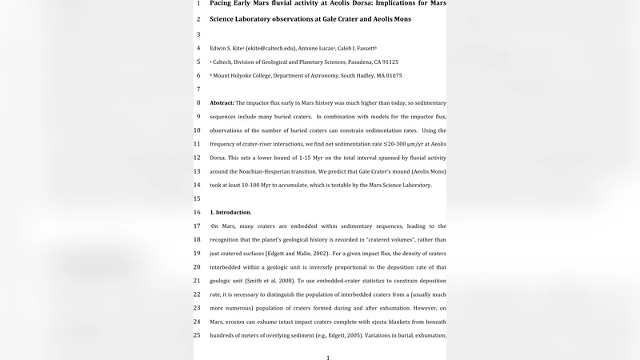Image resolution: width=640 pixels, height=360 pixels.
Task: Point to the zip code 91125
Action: (390, 62)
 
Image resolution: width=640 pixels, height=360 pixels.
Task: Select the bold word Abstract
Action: (222, 103)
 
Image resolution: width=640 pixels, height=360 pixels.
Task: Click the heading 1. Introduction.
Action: (230, 212)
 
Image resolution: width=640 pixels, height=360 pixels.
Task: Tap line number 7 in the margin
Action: (197, 90)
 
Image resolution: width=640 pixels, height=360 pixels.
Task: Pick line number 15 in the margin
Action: (197, 198)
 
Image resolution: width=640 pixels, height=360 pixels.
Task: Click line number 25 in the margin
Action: (197, 335)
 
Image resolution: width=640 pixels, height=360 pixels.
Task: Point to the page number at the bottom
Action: (328, 357)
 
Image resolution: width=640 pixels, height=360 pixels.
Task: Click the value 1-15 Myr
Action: (321, 158)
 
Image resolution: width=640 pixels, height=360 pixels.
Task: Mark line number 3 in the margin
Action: (197, 34)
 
